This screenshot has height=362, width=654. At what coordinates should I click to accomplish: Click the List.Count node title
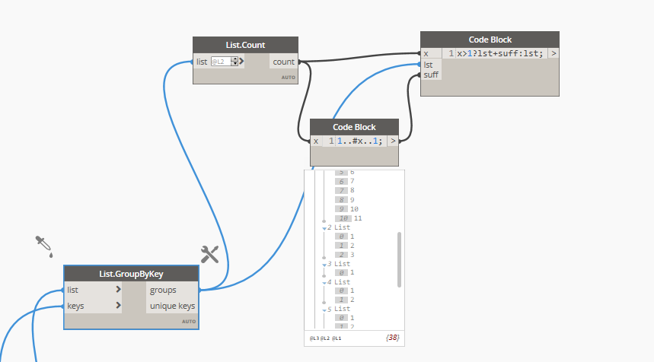tap(245, 45)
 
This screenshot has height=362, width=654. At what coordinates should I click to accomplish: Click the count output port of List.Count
tap(283, 62)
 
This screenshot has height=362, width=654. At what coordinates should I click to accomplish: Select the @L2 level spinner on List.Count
tap(225, 62)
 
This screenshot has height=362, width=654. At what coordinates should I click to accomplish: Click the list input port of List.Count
tap(202, 62)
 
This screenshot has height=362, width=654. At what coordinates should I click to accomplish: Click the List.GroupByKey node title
tap(131, 274)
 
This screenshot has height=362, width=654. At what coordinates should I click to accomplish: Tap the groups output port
tap(164, 290)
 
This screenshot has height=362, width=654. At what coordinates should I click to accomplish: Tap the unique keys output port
tap(172, 306)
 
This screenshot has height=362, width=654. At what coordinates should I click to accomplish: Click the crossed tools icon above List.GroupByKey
tap(209, 255)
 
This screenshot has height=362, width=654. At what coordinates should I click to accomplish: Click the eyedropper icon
tap(43, 246)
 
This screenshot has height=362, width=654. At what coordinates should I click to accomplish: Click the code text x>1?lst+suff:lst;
tap(500, 54)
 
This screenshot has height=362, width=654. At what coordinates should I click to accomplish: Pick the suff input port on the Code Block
tap(431, 75)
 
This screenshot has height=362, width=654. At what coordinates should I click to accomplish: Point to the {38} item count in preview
tap(392, 337)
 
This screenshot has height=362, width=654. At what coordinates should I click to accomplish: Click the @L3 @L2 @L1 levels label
tap(325, 337)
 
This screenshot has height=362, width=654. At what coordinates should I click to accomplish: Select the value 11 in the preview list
tap(358, 218)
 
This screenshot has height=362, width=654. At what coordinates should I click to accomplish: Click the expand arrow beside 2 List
tap(324, 227)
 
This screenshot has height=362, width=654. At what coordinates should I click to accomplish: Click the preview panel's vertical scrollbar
tap(399, 259)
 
